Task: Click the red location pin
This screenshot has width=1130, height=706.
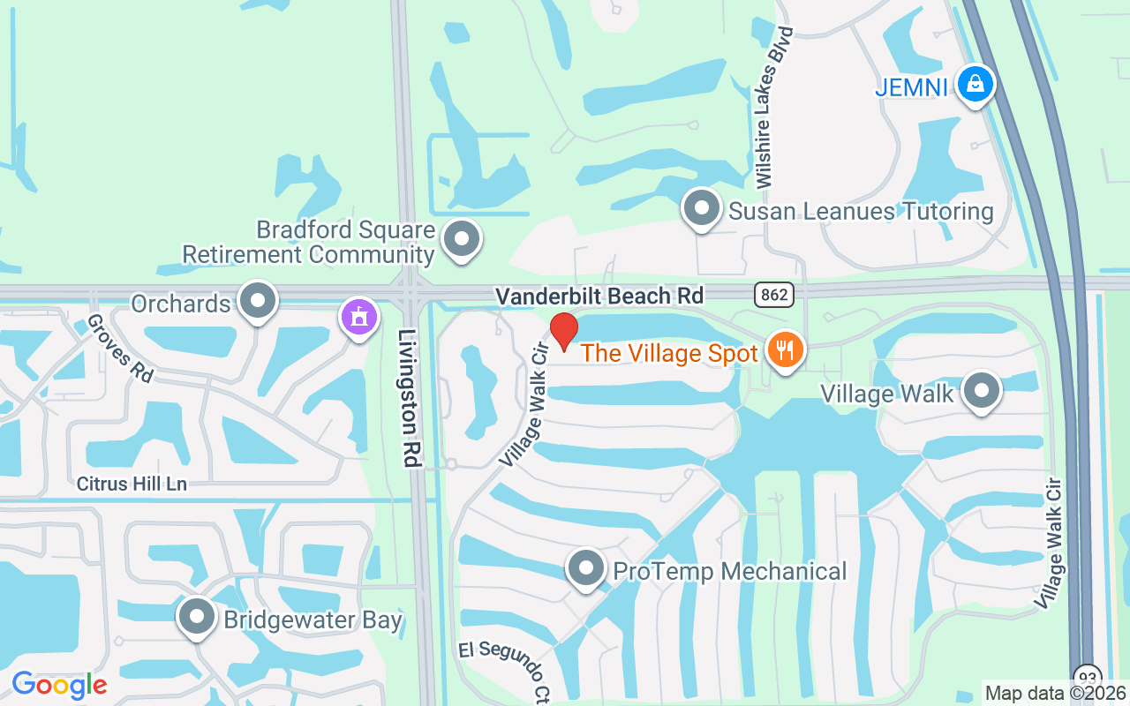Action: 563,331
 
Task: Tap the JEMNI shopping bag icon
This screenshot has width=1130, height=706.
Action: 976,85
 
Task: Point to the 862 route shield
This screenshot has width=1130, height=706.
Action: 773,295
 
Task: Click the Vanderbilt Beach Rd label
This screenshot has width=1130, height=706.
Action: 599,296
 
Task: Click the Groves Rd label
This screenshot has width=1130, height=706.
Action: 120,349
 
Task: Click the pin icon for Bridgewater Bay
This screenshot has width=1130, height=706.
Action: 196,618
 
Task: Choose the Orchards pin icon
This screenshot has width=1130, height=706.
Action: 258,302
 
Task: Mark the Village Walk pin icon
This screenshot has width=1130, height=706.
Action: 980,391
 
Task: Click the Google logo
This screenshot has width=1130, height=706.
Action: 59,685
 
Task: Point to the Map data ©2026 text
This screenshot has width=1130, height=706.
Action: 1056,694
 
